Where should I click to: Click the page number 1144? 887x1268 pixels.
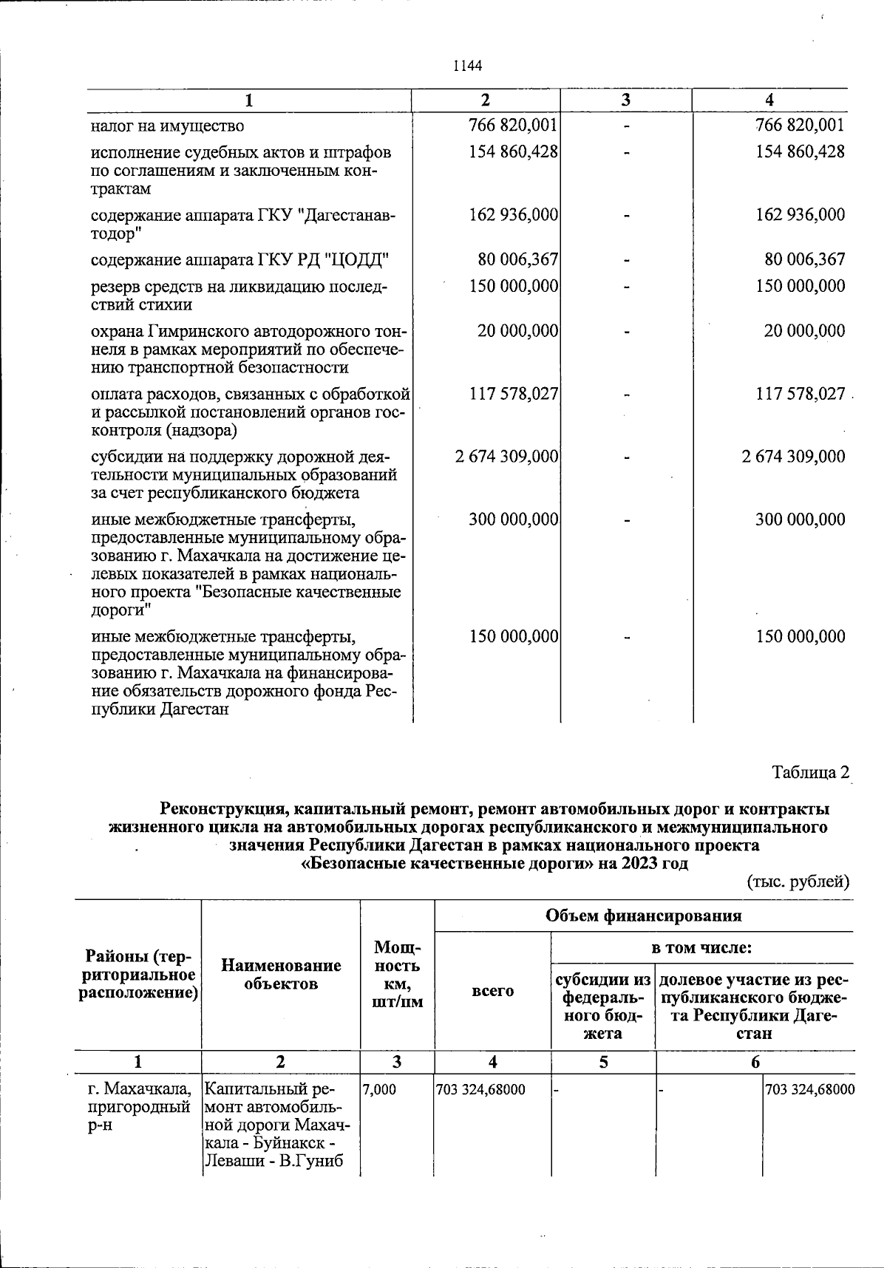[x=467, y=66]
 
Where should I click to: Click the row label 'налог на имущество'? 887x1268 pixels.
[x=167, y=126]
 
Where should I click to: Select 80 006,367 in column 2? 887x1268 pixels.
[x=517, y=259]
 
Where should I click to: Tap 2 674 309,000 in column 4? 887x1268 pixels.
[x=793, y=457]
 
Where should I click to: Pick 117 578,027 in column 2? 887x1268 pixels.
[x=513, y=394]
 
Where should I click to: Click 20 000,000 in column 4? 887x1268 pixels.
[x=804, y=331]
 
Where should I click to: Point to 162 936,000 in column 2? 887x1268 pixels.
[x=513, y=215]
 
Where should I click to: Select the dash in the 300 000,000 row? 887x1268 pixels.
[x=626, y=520]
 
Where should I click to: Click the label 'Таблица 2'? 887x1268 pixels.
[x=810, y=773]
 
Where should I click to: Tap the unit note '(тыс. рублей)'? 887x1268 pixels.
[x=798, y=881]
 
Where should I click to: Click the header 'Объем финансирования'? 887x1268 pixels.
[x=643, y=916]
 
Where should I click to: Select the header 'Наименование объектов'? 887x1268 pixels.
[x=281, y=974]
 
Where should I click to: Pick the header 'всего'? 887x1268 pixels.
[x=492, y=991]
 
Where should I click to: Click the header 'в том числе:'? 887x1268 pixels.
[x=701, y=947]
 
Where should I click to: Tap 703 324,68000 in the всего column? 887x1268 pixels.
[x=481, y=1090]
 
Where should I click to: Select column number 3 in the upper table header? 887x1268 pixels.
[x=625, y=100]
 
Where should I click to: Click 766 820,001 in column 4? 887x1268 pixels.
[x=799, y=126]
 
